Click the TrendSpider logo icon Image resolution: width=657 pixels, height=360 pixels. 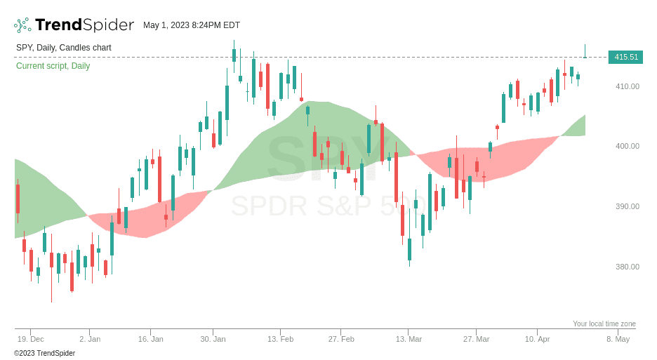click(22, 25)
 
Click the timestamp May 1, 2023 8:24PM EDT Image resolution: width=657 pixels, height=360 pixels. click(192, 25)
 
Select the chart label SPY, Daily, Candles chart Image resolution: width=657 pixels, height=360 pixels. click(64, 48)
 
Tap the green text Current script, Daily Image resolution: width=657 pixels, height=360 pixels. click(53, 66)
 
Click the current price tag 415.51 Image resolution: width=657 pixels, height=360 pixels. click(625, 57)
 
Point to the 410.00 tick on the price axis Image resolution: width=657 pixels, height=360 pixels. click(627, 86)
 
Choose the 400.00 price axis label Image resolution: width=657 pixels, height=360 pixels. click(627, 146)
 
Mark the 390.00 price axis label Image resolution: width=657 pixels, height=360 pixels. click(627, 206)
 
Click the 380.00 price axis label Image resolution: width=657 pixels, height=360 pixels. click(627, 267)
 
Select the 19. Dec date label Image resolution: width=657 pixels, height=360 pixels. click(30, 339)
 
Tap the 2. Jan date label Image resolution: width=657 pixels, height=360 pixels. click(90, 339)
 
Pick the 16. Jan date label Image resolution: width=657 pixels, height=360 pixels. click(150, 339)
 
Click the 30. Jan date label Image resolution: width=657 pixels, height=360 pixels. click(213, 339)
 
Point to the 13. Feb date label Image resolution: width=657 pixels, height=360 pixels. click(280, 339)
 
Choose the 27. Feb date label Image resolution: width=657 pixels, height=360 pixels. click(341, 339)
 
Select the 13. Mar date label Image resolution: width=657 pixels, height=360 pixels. click(409, 339)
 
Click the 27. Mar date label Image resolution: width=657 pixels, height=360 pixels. click(476, 339)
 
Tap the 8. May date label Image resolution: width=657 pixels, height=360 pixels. click(618, 339)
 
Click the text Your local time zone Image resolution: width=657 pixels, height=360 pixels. click(604, 324)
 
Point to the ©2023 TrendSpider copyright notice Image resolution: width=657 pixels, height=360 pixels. click(44, 353)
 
